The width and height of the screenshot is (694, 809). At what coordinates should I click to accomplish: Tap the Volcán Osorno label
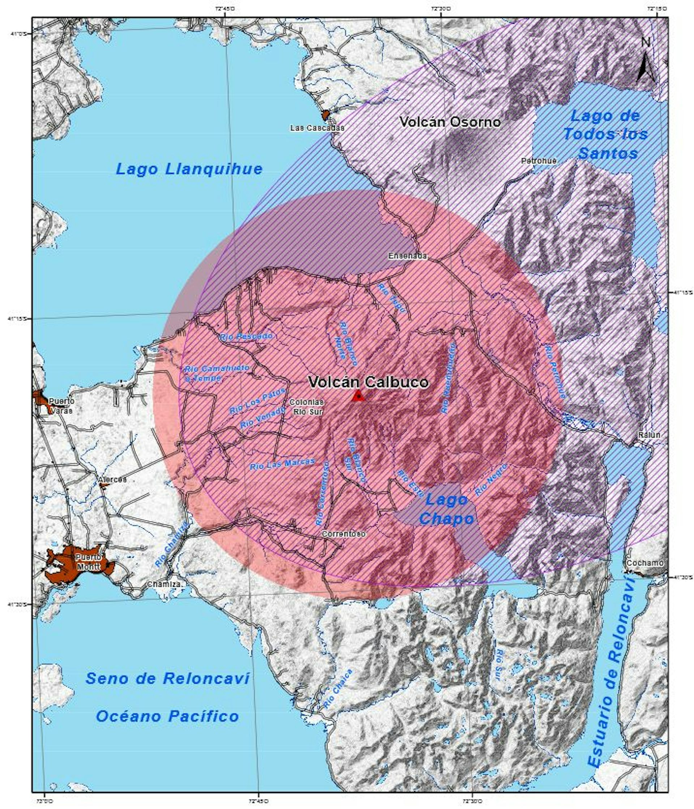(450, 122)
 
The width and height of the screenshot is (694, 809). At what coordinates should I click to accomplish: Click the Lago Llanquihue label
(189, 169)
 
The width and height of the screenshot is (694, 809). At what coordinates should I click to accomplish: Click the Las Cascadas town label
(317, 128)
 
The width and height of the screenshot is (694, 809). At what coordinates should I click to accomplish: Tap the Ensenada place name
(407, 256)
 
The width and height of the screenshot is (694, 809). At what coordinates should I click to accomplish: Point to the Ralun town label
(649, 435)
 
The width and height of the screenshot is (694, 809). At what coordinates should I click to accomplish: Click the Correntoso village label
(344, 534)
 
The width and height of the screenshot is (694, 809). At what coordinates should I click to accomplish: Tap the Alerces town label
(112, 479)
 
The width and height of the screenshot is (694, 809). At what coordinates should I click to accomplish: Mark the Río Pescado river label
(246, 336)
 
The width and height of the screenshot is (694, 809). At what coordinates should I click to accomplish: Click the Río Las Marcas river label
(282, 464)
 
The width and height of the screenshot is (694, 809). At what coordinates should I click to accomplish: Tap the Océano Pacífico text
(167, 717)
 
